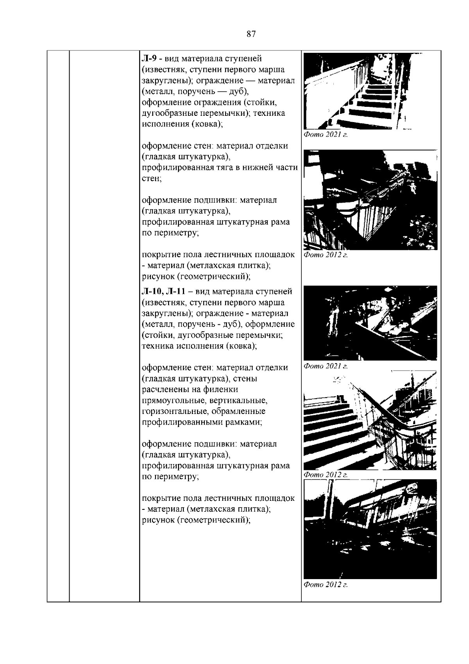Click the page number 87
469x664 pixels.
pyautogui.click(x=251, y=34)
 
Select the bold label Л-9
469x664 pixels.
pyautogui.click(x=149, y=59)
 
